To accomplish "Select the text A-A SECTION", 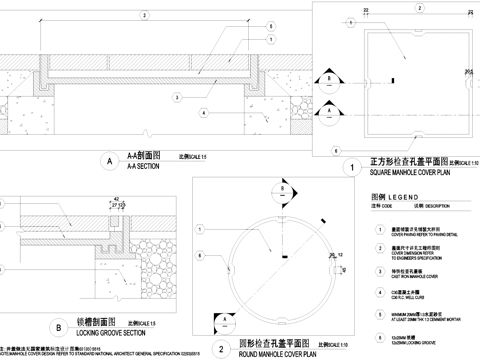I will [134, 166].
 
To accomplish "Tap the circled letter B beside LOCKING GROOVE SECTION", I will [59, 326].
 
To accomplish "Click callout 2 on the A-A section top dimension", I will [144, 17].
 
